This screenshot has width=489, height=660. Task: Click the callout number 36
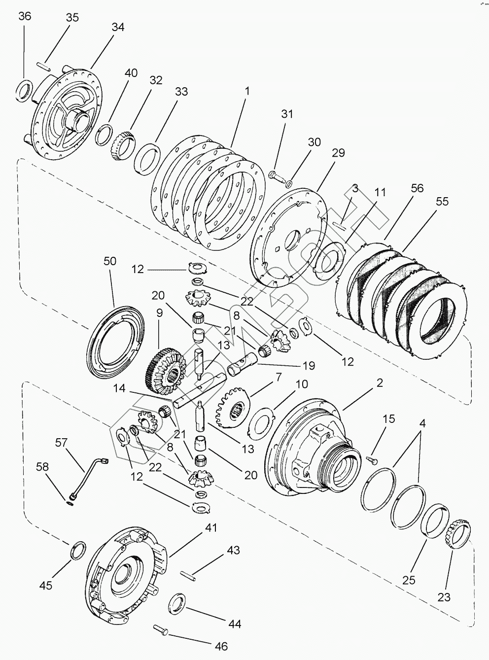25,16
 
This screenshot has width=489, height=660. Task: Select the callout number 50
110,261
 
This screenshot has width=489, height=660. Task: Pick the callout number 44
235,624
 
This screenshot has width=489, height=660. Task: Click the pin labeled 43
189,574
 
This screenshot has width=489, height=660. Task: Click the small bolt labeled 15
372,459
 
